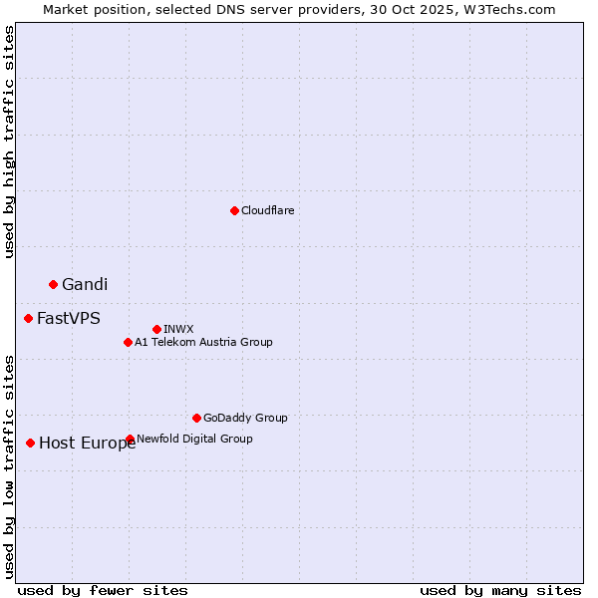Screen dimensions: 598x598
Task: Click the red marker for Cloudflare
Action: (x=234, y=210)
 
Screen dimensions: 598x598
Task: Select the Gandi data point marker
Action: (x=53, y=284)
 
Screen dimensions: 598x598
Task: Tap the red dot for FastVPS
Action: (x=28, y=318)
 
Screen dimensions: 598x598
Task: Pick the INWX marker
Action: (x=156, y=329)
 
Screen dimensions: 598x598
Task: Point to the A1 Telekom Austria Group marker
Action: (x=128, y=342)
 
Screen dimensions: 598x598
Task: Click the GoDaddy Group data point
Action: (x=196, y=418)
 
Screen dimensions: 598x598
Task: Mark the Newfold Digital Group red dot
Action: (x=131, y=439)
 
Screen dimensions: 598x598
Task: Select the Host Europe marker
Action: (x=31, y=443)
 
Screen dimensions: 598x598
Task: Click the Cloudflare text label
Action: (x=267, y=210)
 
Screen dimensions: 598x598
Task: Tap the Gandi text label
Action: (x=85, y=284)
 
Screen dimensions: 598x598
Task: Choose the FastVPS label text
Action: (x=69, y=318)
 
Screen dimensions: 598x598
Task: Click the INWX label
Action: (x=178, y=329)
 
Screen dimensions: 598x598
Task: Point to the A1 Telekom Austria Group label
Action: (x=203, y=342)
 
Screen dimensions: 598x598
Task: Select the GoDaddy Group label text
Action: (x=245, y=418)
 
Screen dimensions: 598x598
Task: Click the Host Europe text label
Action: (x=87, y=444)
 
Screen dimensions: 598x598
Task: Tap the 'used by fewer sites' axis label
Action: (x=103, y=590)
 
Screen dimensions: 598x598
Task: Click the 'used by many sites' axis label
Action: (x=500, y=590)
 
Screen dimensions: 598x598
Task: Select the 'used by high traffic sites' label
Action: (x=9, y=142)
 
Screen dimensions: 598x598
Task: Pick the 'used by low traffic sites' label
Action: (x=9, y=465)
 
